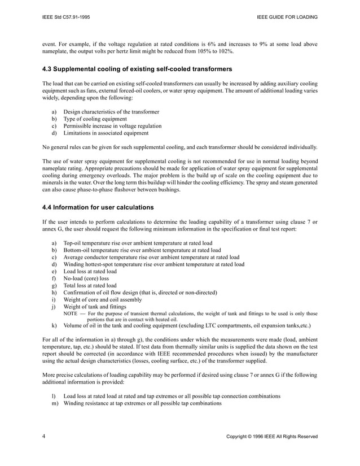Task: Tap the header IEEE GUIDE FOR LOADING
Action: [287, 17]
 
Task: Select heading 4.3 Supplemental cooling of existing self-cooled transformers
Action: [137, 69]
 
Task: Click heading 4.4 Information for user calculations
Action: [98, 207]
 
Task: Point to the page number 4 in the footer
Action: [44, 437]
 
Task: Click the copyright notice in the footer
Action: [271, 437]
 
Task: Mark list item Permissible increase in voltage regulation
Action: [113, 127]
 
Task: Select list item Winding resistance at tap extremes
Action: [142, 403]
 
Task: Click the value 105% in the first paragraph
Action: [199, 51]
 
